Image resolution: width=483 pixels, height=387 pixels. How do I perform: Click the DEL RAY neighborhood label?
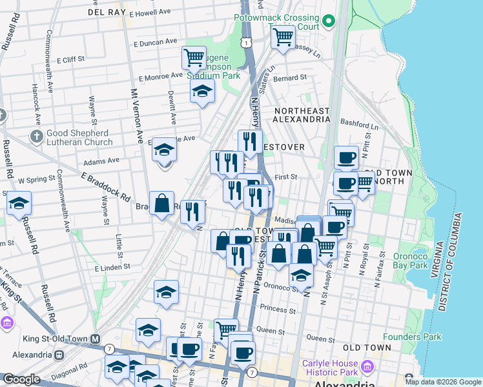pos(105,12)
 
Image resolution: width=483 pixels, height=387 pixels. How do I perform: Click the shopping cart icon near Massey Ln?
pos(283,37)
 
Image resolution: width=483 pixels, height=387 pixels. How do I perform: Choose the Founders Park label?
pos(412,337)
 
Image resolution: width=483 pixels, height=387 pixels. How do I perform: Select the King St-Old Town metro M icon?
pos(96,338)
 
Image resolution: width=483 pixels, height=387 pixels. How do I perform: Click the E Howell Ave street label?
pos(149,13)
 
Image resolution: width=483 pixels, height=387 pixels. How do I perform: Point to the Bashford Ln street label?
pos(360,127)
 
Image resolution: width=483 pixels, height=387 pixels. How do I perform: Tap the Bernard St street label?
pos(289,77)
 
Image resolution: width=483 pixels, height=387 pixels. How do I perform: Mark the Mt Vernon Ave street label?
pos(138,116)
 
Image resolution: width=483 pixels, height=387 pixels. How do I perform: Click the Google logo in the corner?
pos(21,379)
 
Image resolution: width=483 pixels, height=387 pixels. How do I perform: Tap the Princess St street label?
pos(278,310)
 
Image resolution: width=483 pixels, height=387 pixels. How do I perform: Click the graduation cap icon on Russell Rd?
pos(19,202)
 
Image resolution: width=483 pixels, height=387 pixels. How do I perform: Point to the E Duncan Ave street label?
pos(155,42)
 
